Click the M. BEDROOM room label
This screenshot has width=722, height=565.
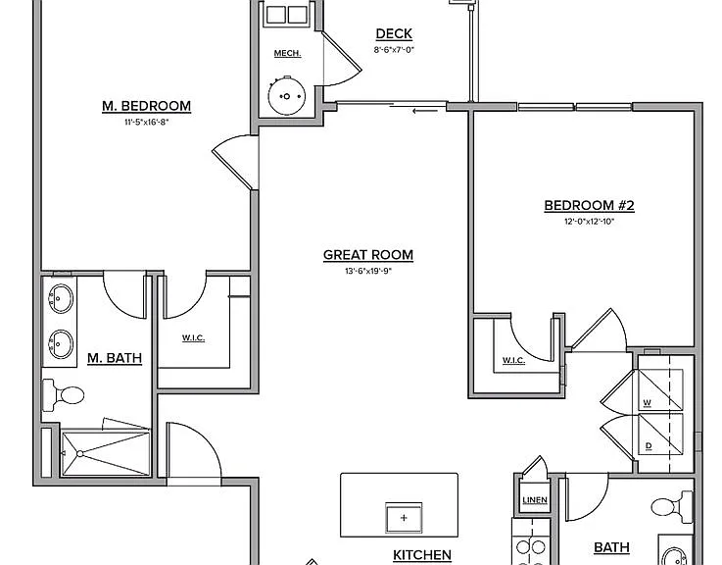[x=146, y=106]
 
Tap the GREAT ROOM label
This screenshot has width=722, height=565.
[x=368, y=255]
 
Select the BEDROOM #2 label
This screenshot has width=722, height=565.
[x=590, y=206]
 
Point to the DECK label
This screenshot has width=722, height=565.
[x=394, y=33]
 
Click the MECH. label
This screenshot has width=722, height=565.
[x=287, y=54]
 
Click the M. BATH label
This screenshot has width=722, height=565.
[x=115, y=358]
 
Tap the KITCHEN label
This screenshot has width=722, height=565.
[x=422, y=555]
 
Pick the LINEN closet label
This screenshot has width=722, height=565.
[x=535, y=500]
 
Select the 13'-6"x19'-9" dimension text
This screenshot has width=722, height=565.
[x=368, y=271]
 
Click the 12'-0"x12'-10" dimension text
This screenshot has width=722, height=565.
[x=590, y=222]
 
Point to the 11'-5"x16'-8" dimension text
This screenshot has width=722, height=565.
[x=146, y=123]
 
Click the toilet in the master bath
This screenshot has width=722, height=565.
[x=64, y=395]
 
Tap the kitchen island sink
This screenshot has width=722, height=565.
[x=404, y=518]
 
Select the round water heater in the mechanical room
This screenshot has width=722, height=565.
[x=287, y=96]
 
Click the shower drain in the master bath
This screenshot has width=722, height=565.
[x=80, y=454]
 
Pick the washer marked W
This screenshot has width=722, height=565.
[x=660, y=389]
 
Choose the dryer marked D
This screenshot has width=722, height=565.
[x=660, y=434]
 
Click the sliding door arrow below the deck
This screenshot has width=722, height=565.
[x=425, y=111]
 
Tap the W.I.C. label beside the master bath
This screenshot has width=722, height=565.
[x=193, y=338]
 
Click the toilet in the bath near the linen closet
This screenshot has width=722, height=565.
[x=672, y=507]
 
